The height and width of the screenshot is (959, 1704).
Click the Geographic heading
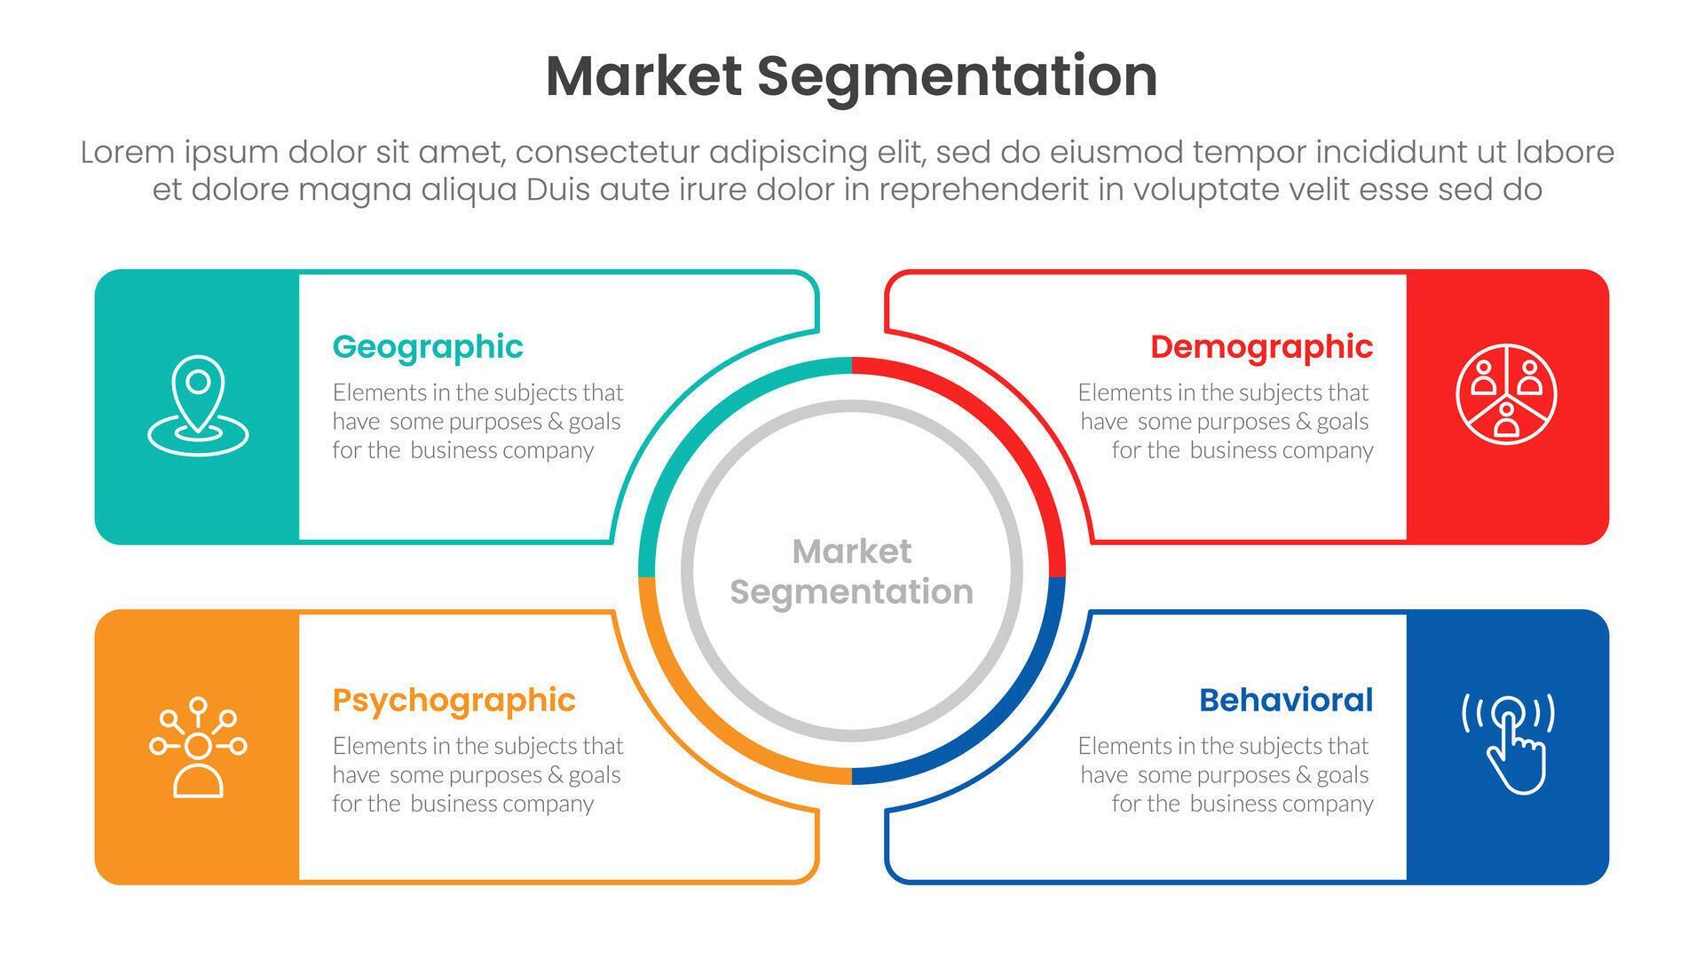(x=428, y=347)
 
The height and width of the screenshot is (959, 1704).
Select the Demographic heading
(x=1261, y=347)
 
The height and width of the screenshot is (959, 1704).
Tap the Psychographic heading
(x=454, y=701)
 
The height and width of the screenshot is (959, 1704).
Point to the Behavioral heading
(x=1285, y=701)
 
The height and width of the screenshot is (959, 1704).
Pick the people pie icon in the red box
(x=1506, y=394)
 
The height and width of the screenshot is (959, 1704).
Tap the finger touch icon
(x=1508, y=742)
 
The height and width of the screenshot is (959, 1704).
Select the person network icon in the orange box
(x=198, y=747)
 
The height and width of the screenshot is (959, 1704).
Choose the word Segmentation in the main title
(x=957, y=76)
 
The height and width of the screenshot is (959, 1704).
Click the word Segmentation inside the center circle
(x=851, y=592)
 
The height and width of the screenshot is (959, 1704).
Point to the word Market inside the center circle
(x=851, y=551)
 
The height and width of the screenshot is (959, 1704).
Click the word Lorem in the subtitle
(x=127, y=153)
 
